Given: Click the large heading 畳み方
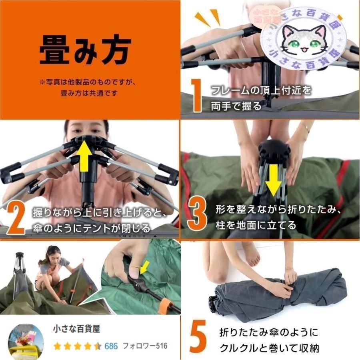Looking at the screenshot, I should point(85,51).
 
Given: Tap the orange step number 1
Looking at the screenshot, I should point(196,95).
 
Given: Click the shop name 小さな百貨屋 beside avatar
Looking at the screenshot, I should point(76,329).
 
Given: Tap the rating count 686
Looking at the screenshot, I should point(111,346).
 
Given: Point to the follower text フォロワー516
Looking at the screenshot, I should point(145,346).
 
